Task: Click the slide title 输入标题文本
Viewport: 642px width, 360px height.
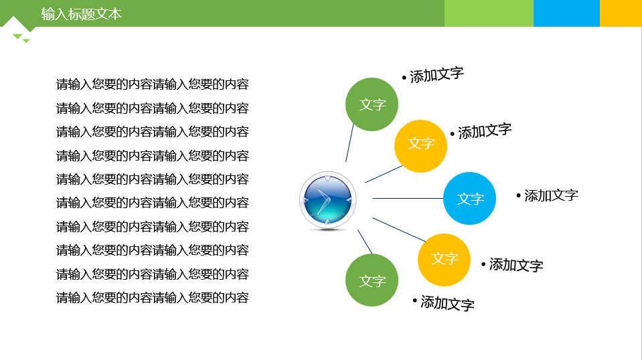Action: pos(82,14)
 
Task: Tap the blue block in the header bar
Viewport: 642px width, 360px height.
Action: pos(566,13)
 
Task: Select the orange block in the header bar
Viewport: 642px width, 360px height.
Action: pos(621,13)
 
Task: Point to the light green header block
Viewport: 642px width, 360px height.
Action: pos(489,13)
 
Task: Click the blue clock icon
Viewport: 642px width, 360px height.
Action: pos(327,200)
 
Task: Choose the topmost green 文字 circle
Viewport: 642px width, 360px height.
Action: pos(372,104)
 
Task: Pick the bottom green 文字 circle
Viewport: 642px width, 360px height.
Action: pos(372,280)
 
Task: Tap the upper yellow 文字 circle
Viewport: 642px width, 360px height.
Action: pos(420,146)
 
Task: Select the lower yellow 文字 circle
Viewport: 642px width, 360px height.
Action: pos(445,260)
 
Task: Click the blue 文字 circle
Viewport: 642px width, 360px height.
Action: pos(470,199)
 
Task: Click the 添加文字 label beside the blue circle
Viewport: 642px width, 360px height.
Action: pos(548,195)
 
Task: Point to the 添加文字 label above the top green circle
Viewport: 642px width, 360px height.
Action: pos(432,75)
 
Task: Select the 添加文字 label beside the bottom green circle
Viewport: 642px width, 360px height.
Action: pos(443,303)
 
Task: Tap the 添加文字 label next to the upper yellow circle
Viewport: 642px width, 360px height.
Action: pos(481,131)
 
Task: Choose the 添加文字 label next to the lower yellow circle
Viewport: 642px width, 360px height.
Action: pos(512,265)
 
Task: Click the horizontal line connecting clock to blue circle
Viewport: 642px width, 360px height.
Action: pos(408,199)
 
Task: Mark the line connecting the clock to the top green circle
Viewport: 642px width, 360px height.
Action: pos(349,143)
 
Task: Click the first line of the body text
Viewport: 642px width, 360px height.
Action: pos(153,84)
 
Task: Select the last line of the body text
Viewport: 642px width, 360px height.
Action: pos(153,298)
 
